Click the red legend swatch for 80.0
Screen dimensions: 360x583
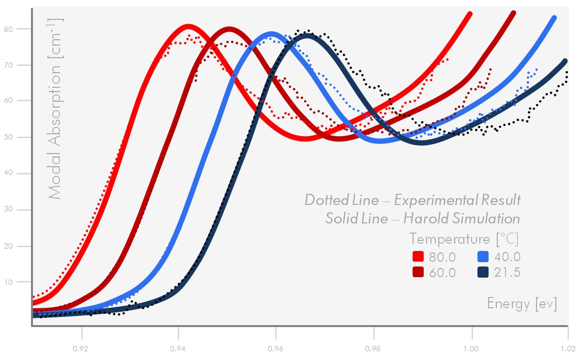[x=418, y=256]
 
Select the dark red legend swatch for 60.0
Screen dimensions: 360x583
[x=418, y=272]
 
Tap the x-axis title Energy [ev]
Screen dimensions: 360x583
[x=522, y=304]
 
